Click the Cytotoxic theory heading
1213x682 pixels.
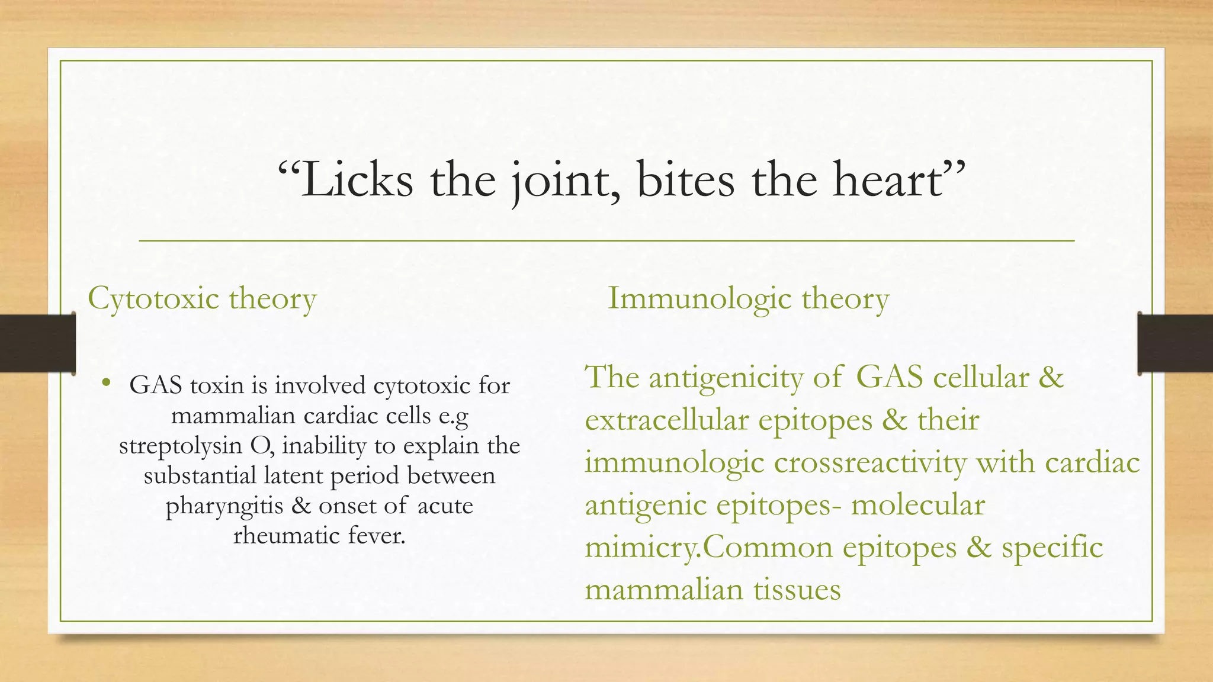(x=202, y=298)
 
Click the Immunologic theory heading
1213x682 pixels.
(x=749, y=298)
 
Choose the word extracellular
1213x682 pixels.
(x=666, y=420)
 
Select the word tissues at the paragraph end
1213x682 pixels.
(x=797, y=590)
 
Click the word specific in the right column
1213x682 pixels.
(x=1052, y=547)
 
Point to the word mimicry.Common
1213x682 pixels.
(x=708, y=547)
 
